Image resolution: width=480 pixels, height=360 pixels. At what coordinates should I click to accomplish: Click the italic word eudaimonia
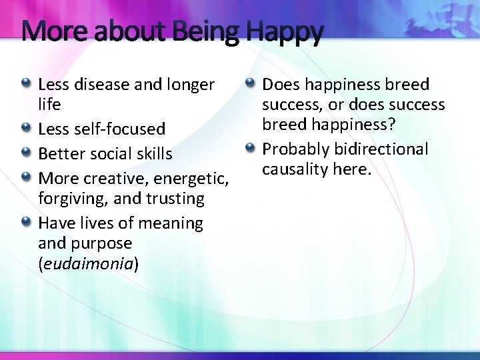[89, 263]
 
